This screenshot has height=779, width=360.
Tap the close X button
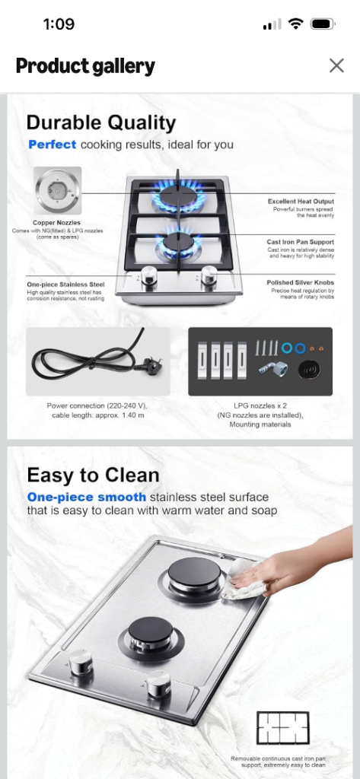point(336,65)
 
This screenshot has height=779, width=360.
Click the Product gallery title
point(85,66)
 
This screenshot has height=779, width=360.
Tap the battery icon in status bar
point(323,24)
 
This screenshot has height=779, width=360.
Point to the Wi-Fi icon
point(296,24)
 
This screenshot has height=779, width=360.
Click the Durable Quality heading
point(101,122)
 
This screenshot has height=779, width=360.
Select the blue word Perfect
point(53,145)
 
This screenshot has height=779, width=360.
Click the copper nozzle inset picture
point(58,190)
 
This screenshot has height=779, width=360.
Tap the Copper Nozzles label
point(56,223)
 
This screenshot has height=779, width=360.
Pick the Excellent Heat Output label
point(301,201)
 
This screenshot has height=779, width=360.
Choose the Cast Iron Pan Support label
point(301,242)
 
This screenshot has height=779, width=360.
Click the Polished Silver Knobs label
point(301,283)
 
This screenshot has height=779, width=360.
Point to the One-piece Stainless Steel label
point(65,285)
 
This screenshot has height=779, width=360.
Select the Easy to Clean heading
point(93,475)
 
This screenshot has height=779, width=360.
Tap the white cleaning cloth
point(242,578)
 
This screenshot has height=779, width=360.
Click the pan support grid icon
point(282,727)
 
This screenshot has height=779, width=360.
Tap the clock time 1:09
point(59,24)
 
